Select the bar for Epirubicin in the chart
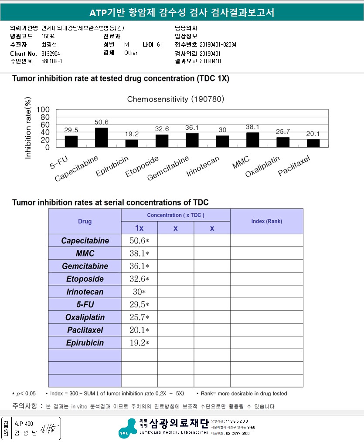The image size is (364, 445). coord(132,143)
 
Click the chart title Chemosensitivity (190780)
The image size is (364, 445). coord(176,99)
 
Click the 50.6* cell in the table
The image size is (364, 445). coord(139,241)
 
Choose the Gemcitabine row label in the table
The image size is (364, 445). coord(85,266)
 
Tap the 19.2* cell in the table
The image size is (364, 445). coord(139,343)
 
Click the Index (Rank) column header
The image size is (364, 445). coord(266,221)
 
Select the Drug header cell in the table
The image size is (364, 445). coord(85,221)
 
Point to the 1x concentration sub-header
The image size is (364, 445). coord(139,228)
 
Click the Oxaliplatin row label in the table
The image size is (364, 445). coord(85,317)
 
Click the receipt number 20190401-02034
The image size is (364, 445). coord(218,45)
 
